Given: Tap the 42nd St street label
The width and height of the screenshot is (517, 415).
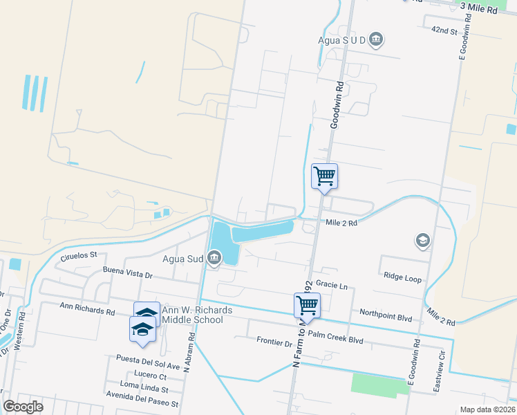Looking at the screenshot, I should [x=444, y=31].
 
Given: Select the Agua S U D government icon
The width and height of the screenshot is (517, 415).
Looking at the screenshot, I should [x=376, y=39].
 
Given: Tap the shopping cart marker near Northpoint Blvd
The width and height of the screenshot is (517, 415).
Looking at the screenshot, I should [x=307, y=304].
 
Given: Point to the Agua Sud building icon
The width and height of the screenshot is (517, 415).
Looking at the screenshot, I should [x=214, y=259].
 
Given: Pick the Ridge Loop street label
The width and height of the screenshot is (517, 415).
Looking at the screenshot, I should [x=402, y=278].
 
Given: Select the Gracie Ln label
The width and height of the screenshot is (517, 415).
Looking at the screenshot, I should [x=330, y=284].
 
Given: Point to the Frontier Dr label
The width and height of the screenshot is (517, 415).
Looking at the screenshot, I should [x=274, y=342].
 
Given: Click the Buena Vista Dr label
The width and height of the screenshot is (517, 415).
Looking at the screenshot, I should [x=127, y=274].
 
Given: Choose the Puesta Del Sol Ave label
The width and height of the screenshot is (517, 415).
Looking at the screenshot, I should [x=149, y=366].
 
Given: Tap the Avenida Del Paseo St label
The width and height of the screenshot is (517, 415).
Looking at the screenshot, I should [x=142, y=403].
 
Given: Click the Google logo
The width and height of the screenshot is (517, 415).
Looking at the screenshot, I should [x=23, y=406].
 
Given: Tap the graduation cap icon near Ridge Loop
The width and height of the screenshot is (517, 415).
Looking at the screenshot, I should [x=422, y=241].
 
